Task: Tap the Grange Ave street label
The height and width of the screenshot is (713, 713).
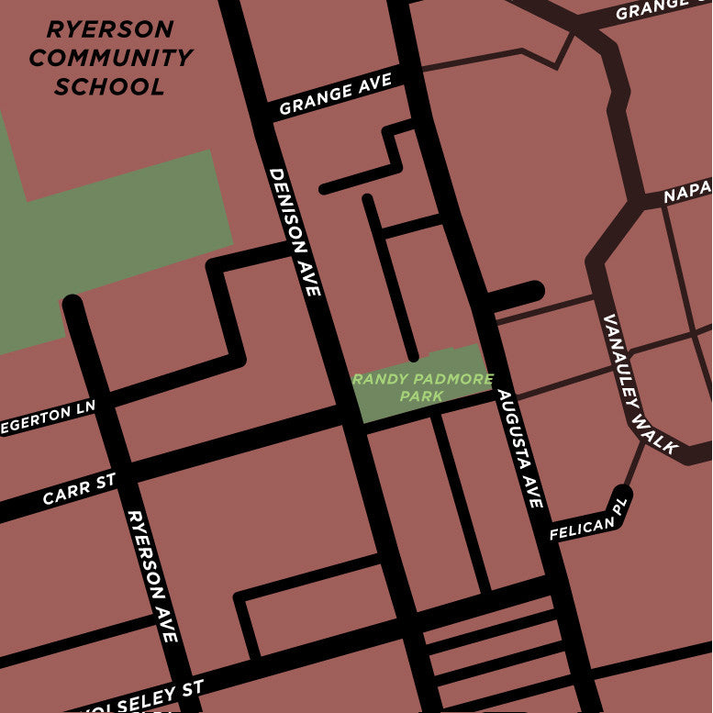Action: (x=335, y=95)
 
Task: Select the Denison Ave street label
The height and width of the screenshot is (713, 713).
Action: (x=295, y=231)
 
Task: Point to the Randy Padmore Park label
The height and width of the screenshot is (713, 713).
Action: (x=422, y=387)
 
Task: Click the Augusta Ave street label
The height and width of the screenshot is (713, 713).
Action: (x=520, y=449)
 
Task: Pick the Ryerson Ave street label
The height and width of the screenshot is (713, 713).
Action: (x=152, y=575)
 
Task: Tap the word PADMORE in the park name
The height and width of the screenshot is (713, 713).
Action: (x=449, y=379)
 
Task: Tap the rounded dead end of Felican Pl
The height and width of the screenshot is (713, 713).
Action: (x=623, y=495)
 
